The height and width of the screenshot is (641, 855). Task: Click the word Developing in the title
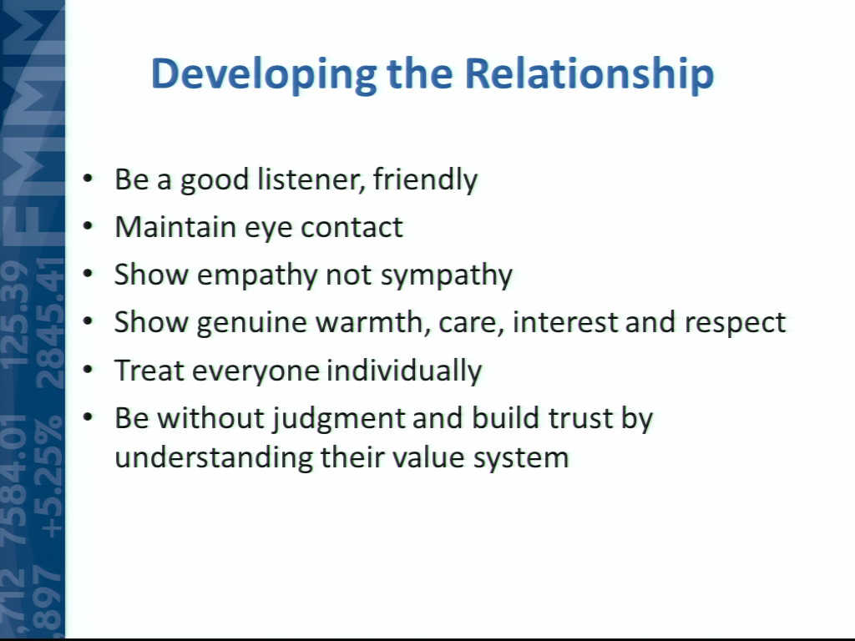pos(263,74)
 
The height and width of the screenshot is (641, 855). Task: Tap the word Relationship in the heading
pos(589,74)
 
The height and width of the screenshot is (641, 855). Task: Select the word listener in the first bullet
pos(311,179)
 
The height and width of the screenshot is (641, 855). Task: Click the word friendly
pos(425,179)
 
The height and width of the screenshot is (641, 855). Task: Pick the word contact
pos(352,227)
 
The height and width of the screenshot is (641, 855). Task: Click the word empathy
pos(257,275)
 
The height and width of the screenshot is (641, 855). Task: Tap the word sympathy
pos(447,275)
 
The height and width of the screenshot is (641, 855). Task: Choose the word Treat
pos(149,371)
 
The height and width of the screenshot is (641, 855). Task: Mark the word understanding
pos(214,457)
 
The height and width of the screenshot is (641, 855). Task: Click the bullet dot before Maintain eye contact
pos(88,226)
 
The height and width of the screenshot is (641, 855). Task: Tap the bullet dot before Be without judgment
pos(88,417)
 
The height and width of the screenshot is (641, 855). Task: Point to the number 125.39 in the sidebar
pos(16,313)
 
